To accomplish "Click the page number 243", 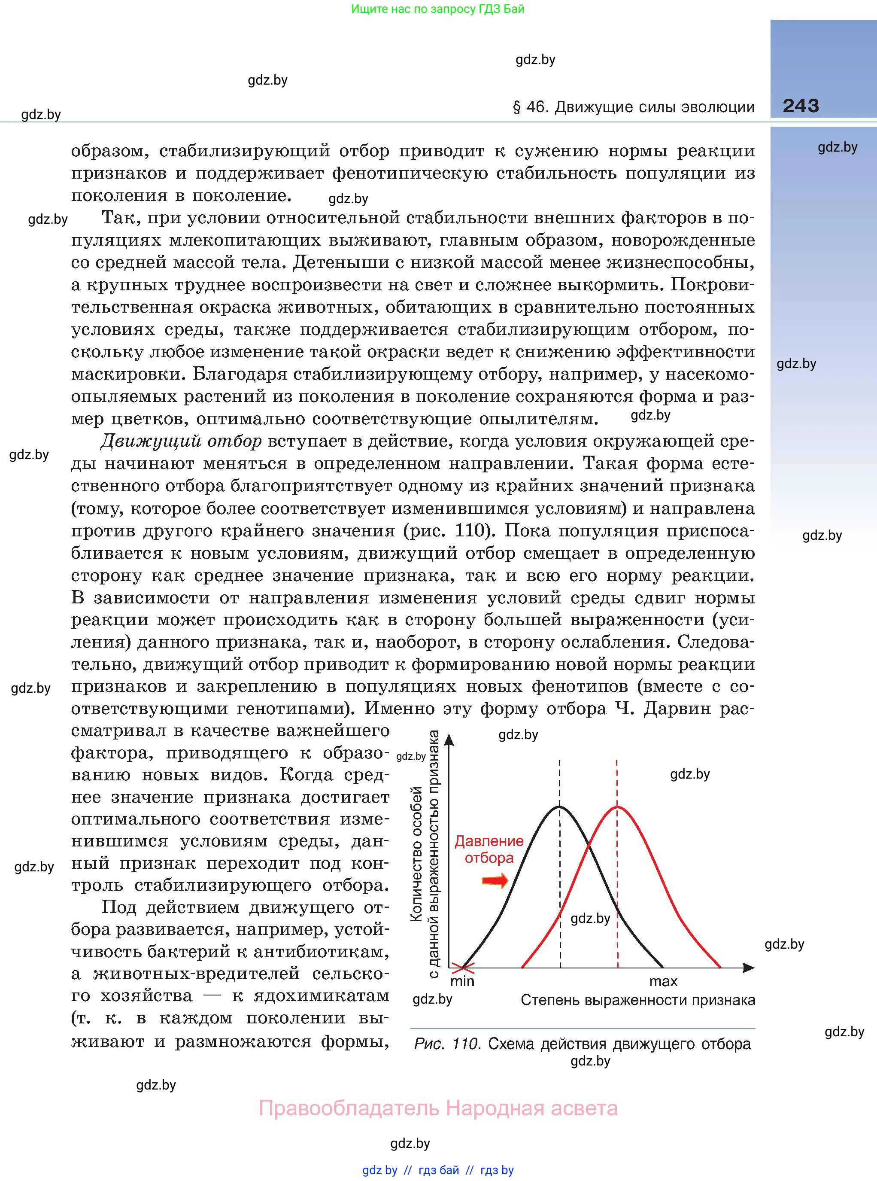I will tap(801, 106).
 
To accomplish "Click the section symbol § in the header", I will tap(516, 107).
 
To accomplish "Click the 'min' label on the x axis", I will tap(462, 981).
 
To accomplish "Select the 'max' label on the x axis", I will tap(663, 981).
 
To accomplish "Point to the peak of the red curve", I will tap(617, 807).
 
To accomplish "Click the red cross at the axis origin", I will tap(462, 968).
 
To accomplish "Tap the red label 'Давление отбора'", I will tap(489, 849).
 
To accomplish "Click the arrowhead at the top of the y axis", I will tap(449, 739).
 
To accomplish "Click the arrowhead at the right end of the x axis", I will tap(749, 968).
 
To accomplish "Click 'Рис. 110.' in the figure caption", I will tap(448, 1044).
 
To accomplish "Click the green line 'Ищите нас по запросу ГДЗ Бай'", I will tap(437, 9).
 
